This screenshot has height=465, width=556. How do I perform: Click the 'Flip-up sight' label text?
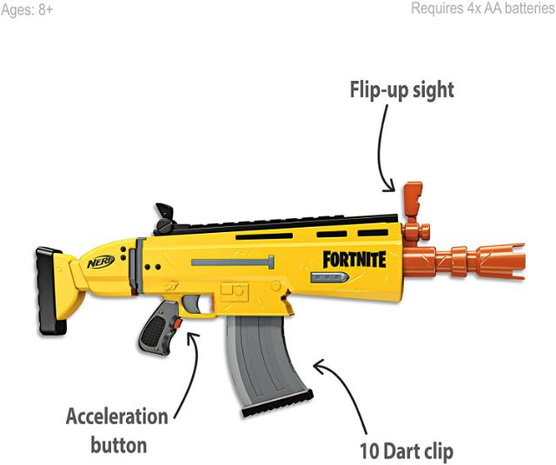[401, 90]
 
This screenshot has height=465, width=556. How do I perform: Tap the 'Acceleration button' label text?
[117, 430]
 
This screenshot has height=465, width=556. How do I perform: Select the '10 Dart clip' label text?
[407, 451]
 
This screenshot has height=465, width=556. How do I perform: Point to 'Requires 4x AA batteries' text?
[482, 9]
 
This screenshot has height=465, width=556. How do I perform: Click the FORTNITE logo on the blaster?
[354, 258]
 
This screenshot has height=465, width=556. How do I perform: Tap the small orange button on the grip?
[177, 324]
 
